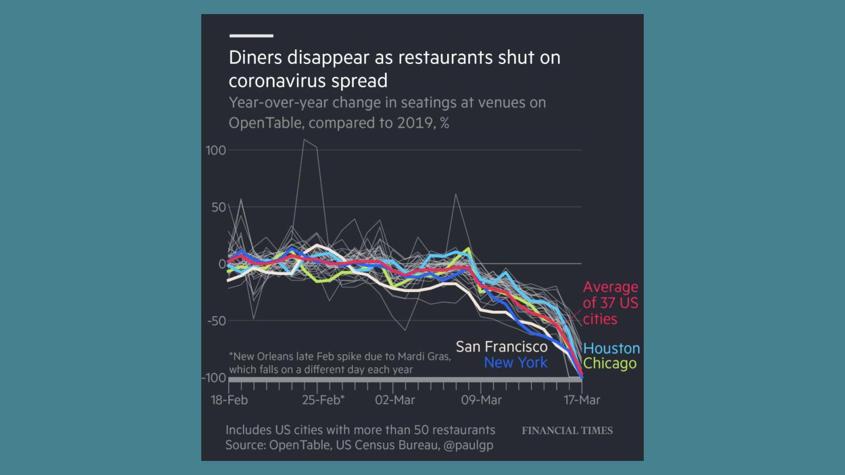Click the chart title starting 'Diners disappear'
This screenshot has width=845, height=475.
coord(394,69)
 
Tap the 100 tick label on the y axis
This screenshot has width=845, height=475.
coord(216,150)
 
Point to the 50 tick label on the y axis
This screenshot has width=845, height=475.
coord(219,207)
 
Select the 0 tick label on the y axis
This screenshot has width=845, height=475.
coord(222,264)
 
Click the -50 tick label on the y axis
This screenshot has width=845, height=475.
coord(216,321)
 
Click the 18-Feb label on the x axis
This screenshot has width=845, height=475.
coord(229,401)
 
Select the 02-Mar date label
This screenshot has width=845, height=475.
coord(395,401)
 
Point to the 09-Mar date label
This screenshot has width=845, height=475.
coord(481,401)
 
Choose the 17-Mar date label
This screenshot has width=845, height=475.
coord(581,401)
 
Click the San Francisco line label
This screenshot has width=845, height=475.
coord(502,347)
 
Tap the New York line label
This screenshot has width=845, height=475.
coord(516,362)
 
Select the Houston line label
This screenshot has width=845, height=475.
coord(612,348)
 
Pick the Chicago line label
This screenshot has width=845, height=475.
coord(610,364)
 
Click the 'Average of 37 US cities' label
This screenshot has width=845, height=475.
coord(610,303)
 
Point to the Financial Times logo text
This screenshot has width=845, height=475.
coord(567,431)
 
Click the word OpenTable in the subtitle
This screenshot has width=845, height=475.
coord(265,123)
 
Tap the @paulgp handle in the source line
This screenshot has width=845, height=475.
coord(468,445)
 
